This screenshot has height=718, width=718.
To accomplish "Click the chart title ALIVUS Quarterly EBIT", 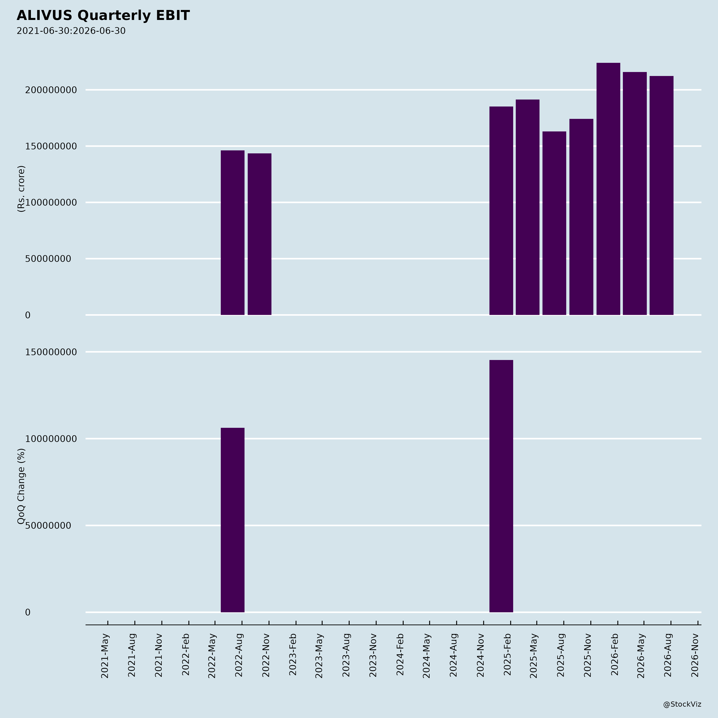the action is (x=103, y=16).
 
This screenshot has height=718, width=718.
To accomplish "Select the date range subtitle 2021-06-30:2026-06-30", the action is (x=71, y=31).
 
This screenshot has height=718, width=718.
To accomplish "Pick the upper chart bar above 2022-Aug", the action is (x=233, y=233).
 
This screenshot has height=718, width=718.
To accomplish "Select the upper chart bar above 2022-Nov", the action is (x=259, y=234).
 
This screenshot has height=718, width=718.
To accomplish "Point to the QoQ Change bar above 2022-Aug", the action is (x=233, y=520).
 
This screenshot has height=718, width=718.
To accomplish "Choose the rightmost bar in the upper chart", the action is (x=662, y=195).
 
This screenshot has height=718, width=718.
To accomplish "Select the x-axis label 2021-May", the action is (x=105, y=656).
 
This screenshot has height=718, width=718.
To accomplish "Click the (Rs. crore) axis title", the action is (x=21, y=189).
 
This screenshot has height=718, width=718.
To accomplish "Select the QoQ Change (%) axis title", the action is (x=21, y=486).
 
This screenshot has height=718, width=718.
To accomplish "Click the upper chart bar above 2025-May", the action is (x=528, y=207).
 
